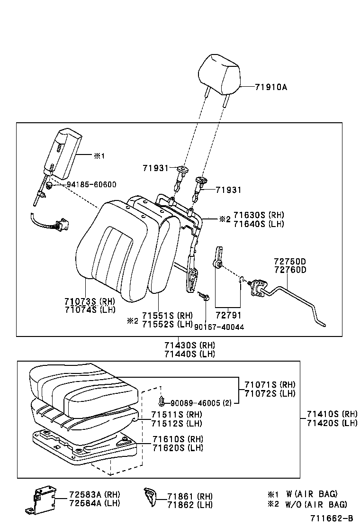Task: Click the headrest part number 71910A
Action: [x=271, y=87]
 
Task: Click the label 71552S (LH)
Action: [x=167, y=324]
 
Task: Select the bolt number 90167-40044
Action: [x=219, y=327]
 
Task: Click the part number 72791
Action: [x=228, y=315]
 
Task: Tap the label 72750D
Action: [x=289, y=262]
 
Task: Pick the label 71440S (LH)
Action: [x=189, y=354]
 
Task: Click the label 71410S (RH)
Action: [x=332, y=414]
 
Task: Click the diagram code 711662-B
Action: [x=332, y=519]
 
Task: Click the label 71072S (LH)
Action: [x=270, y=393]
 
